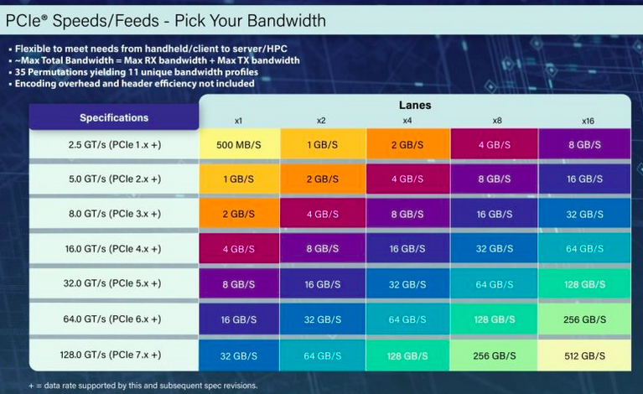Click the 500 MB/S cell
238,144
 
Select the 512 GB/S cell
584,355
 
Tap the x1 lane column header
238,121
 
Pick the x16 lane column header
588,121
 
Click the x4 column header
407,121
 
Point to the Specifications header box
114,117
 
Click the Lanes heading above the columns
414,106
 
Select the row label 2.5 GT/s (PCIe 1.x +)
114,144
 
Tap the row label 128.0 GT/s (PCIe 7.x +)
114,355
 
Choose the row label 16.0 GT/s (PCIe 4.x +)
114,249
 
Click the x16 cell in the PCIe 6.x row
584,319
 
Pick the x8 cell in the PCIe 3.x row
493,214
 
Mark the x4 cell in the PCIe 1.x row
407,144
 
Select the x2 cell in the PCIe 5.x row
322,284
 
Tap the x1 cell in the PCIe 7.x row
238,355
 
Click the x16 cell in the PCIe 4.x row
584,249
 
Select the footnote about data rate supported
131,385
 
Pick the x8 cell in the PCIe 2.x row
493,179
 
